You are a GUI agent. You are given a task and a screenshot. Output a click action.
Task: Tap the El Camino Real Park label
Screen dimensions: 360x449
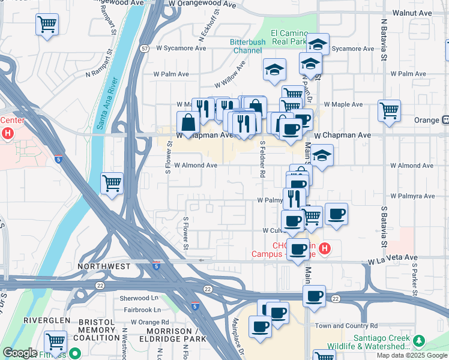289,37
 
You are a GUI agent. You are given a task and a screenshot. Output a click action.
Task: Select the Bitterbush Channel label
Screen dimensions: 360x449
246,46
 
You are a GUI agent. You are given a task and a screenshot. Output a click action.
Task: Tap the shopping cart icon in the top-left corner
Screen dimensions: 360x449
47,25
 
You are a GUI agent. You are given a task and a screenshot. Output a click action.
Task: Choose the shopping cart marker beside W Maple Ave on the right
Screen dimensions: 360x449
389,110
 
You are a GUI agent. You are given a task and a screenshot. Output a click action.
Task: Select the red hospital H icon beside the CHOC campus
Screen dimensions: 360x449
324,248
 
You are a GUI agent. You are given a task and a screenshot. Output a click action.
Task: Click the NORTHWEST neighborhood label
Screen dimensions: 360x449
104,266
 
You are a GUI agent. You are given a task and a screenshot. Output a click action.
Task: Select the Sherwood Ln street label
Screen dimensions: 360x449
139,298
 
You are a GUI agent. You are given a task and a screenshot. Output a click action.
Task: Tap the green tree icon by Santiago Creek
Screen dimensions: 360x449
418,341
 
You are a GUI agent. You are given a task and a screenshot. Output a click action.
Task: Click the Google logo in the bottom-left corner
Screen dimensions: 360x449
20,353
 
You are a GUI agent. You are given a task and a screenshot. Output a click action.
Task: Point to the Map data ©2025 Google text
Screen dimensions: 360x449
412,355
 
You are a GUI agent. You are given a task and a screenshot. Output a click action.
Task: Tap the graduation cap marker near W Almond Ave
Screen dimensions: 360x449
322,156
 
